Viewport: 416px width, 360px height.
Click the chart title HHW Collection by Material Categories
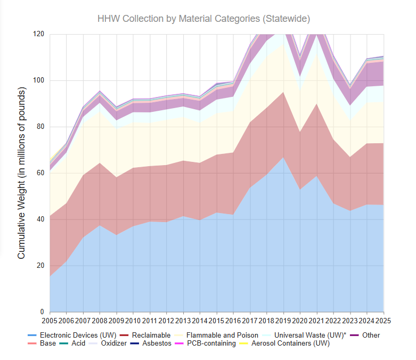[x=203, y=19]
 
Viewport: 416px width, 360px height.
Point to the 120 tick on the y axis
[x=39, y=34]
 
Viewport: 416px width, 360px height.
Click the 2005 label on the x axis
[x=50, y=322]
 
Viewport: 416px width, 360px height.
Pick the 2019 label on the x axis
[x=283, y=322]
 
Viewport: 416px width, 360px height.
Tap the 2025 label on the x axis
[x=384, y=322]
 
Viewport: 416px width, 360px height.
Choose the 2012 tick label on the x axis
[x=167, y=322]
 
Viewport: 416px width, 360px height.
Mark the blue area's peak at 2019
[x=283, y=157]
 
